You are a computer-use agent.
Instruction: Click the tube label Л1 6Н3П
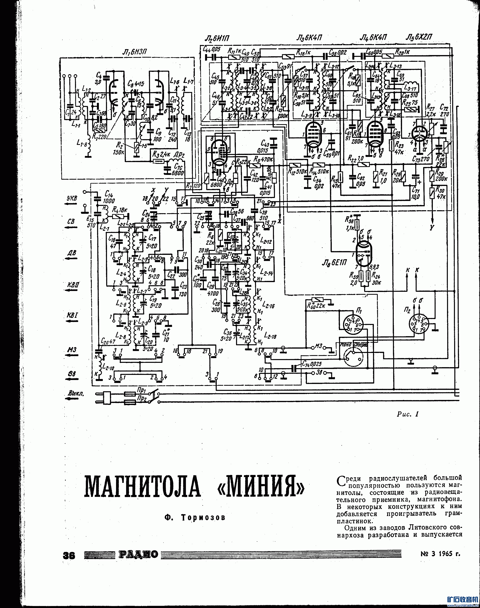point(135,52)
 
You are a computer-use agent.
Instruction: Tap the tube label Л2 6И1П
point(216,38)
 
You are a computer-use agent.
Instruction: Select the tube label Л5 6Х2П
point(419,37)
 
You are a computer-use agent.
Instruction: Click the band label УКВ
point(72,198)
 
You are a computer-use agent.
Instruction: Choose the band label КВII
point(72,285)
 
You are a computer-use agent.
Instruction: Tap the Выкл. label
point(75,394)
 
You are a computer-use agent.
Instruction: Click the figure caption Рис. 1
point(408,414)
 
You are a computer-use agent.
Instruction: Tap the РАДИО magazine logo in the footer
point(138,555)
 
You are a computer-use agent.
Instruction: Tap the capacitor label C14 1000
point(109,197)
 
